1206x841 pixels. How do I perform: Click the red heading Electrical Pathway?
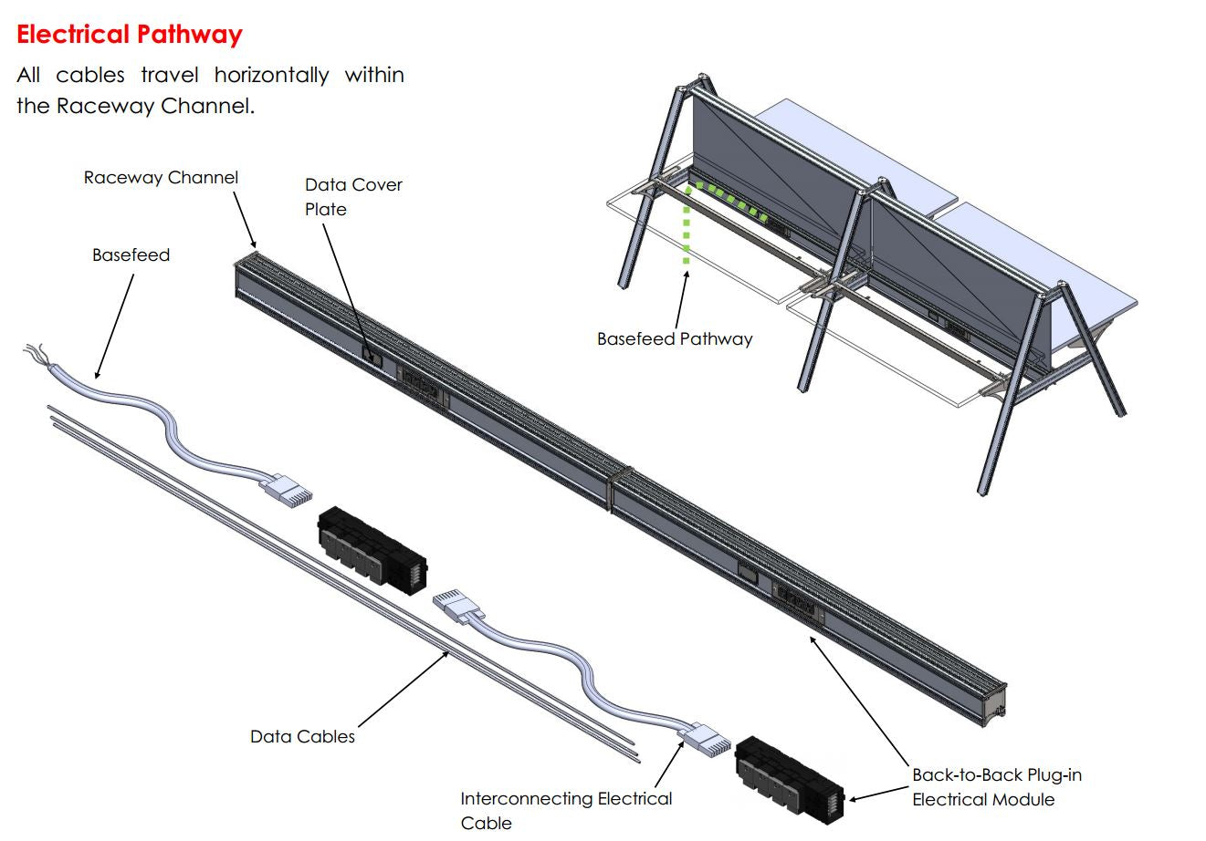pyautogui.click(x=130, y=35)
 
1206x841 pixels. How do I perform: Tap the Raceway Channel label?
pyautogui.click(x=161, y=178)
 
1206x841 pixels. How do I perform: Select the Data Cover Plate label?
pyautogui.click(x=353, y=196)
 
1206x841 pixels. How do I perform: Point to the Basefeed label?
pyautogui.click(x=131, y=255)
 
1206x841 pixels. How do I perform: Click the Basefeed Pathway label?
pyautogui.click(x=675, y=339)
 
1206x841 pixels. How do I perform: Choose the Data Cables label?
pyautogui.click(x=302, y=736)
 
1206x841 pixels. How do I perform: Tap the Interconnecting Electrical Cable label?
pyautogui.click(x=566, y=810)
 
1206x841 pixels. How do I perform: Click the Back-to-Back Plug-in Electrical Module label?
pyautogui.click(x=996, y=787)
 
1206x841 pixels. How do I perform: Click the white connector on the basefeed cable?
pyautogui.click(x=287, y=491)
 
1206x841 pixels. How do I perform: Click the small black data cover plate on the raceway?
pyautogui.click(x=372, y=354)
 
